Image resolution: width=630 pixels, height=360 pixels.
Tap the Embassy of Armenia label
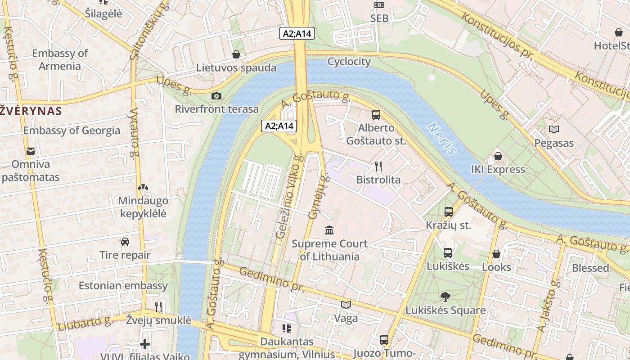click(x=59, y=59)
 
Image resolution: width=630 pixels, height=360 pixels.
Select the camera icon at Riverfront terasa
click(x=216, y=96)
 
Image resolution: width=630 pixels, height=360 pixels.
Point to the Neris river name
click(x=442, y=139)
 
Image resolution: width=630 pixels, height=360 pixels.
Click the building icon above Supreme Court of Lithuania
click(x=329, y=230)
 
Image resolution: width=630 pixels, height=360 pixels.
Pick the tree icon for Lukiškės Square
click(x=445, y=297)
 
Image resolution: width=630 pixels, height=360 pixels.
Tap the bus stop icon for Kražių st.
click(x=448, y=212)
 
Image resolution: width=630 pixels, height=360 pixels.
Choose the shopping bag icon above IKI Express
click(x=498, y=156)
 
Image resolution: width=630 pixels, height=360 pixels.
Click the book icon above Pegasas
click(x=553, y=130)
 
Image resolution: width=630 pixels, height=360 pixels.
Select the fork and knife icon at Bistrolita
click(x=378, y=166)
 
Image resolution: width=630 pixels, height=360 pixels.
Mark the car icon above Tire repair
click(x=125, y=242)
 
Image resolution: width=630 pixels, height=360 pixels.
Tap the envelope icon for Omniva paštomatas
click(x=31, y=151)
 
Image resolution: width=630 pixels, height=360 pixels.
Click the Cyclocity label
click(x=349, y=62)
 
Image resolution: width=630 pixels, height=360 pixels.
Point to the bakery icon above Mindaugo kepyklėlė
click(x=143, y=187)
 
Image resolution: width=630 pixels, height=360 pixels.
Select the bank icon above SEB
click(x=379, y=5)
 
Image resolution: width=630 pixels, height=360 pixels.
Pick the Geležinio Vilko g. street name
click(x=288, y=195)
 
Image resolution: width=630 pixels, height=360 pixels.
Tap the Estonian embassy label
click(x=123, y=286)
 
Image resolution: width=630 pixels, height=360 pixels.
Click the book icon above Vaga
click(x=346, y=305)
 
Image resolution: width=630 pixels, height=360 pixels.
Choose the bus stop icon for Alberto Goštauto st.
click(x=376, y=114)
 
